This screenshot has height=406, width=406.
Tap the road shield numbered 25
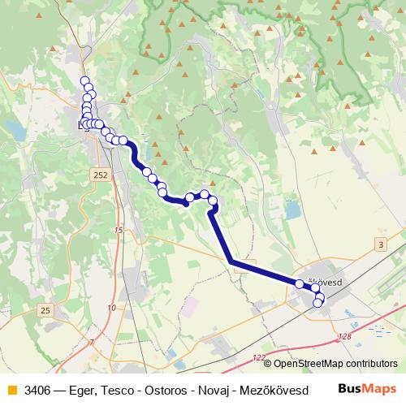coord(45,310)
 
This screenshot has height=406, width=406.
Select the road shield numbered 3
coord(381,244)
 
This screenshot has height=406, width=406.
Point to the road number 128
coord(346,335)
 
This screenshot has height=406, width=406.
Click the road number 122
coord(259,357)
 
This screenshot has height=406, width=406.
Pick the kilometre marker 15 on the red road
coord(119,231)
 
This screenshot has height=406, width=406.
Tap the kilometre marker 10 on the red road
coord(111,307)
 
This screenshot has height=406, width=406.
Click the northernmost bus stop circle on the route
coord(84,80)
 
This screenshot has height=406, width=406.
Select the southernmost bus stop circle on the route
coord(317,304)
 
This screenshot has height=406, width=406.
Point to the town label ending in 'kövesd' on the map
coord(327,282)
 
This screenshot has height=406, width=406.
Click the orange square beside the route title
coord(11,390)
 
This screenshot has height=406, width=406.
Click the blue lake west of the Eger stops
coord(14,129)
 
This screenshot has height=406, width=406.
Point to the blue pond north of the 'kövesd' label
coord(292,211)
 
